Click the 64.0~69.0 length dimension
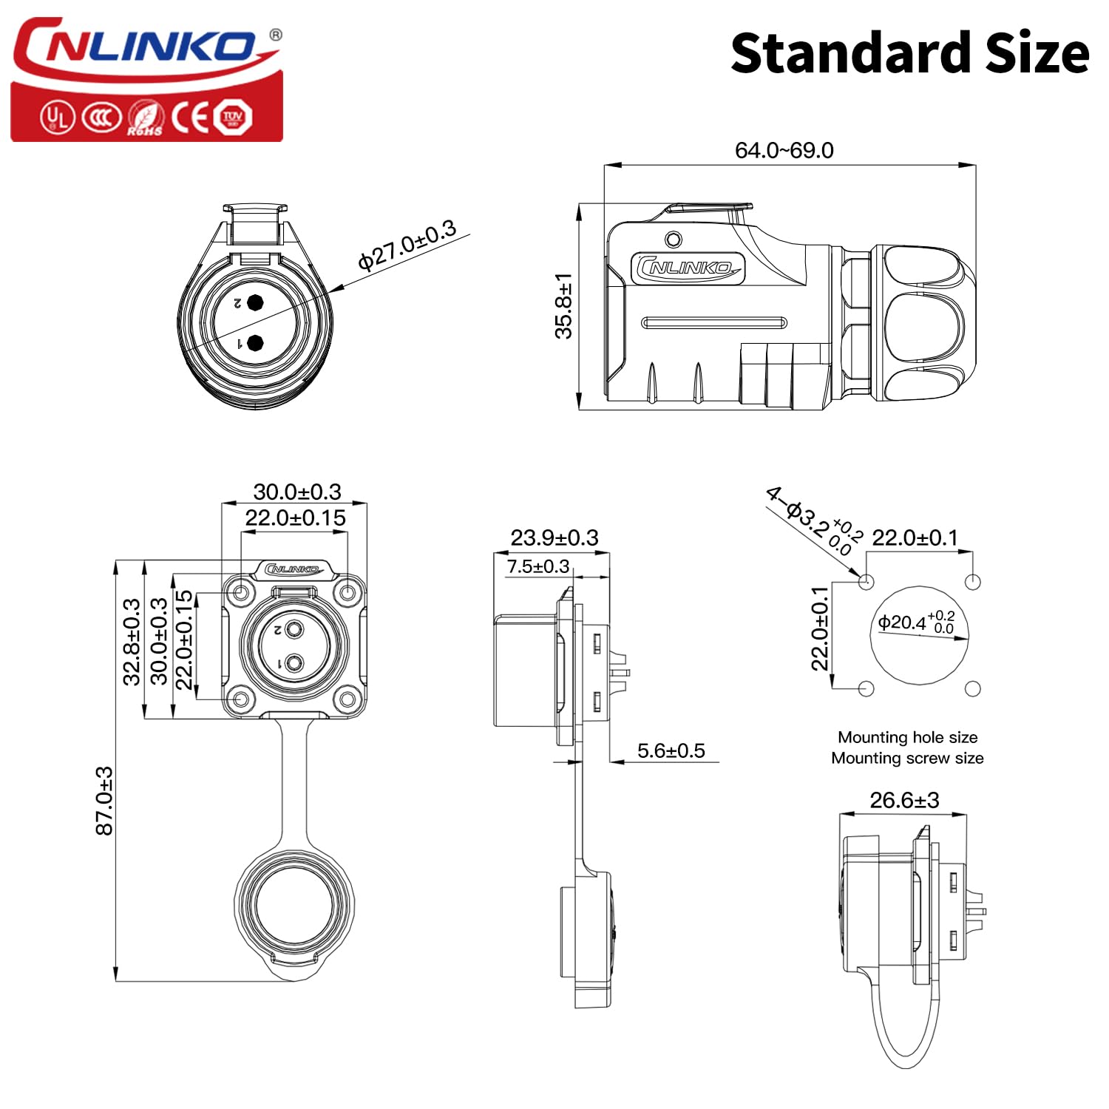(x=784, y=150)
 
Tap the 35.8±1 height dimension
(x=564, y=305)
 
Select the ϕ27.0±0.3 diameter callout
(x=407, y=245)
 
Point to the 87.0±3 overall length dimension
(x=105, y=801)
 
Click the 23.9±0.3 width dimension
(x=554, y=537)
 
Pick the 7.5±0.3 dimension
(x=537, y=566)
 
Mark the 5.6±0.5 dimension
(x=671, y=750)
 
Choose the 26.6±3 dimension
(x=904, y=800)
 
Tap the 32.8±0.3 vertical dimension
(x=132, y=642)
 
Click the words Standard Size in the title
(x=909, y=53)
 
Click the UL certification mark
(x=57, y=117)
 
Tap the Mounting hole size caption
(x=907, y=737)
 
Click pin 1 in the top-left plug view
(x=256, y=343)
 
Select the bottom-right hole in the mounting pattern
(x=973, y=689)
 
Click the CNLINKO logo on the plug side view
(x=688, y=268)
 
